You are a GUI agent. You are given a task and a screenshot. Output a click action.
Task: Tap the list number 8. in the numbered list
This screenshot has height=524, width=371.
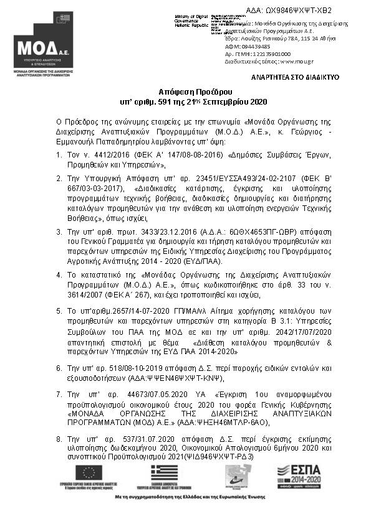click(59, 439)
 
